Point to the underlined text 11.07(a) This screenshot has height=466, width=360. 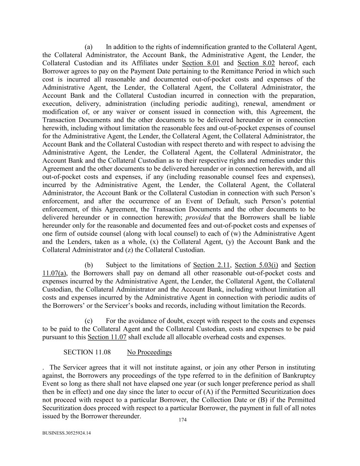[x=54, y=273]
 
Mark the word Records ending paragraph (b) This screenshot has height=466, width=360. [x=293, y=306]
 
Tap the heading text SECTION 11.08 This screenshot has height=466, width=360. [x=87, y=352]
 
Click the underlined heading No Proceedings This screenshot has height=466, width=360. [x=149, y=352]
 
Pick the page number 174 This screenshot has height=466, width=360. [x=183, y=420]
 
